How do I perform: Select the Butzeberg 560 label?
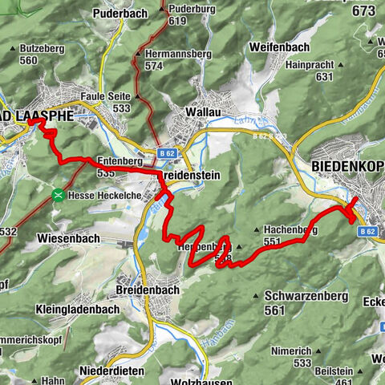(x=40, y=55)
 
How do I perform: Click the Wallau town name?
(x=201, y=111)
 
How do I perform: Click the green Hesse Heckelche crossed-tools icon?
(x=59, y=195)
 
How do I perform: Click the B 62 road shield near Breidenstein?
(x=167, y=151)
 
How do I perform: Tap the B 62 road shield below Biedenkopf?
(x=367, y=231)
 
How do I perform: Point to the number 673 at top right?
(x=363, y=10)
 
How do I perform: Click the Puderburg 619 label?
(x=187, y=14)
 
